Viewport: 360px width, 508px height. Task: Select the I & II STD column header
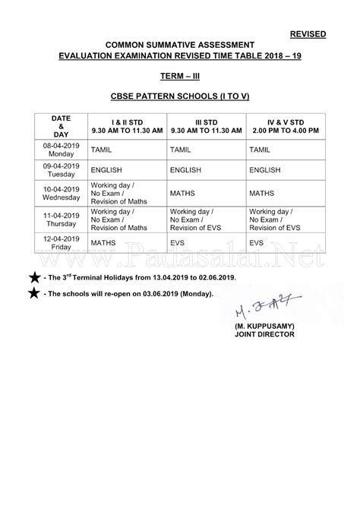tap(127, 125)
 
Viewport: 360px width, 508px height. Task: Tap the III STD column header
tap(207, 125)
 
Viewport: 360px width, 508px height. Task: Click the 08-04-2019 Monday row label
tap(61, 149)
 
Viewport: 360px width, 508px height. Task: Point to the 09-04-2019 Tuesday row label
tap(61, 169)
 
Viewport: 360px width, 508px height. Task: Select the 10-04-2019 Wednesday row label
tap(61, 193)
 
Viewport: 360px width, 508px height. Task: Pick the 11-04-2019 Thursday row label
tap(61, 219)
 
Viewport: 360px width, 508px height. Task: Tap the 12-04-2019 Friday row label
tap(61, 243)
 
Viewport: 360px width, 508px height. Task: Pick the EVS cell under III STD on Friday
tap(178, 243)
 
